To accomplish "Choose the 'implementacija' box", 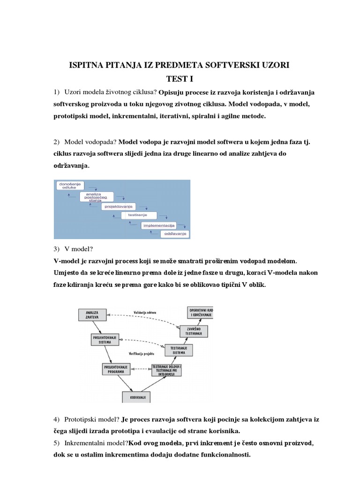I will point(159,225).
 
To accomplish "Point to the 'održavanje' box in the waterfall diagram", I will point(175,233).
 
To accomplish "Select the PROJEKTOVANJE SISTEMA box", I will point(105,339).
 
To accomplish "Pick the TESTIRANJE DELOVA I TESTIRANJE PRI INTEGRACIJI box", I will point(167,370).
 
